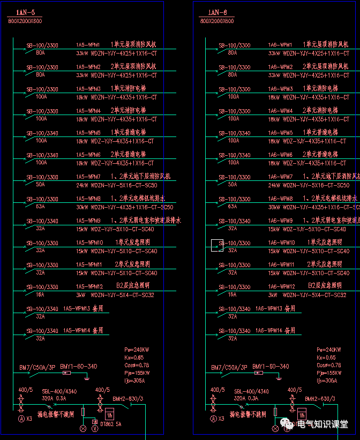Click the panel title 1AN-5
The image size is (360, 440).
point(25,12)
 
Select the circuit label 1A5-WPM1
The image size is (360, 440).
point(88,45)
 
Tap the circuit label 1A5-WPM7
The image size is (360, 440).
point(88,177)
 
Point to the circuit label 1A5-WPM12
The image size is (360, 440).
point(89,286)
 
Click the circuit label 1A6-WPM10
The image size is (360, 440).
point(282,242)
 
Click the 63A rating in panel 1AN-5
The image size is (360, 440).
point(40,206)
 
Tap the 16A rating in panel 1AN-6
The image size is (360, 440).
point(232,294)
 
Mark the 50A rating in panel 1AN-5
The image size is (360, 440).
point(40,184)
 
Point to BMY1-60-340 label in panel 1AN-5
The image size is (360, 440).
point(79,367)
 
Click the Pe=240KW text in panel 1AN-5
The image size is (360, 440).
point(135,350)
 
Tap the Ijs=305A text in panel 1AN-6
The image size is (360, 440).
point(327,381)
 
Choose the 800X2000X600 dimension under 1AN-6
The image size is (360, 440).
point(217,21)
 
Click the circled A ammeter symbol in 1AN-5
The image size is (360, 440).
point(21,418)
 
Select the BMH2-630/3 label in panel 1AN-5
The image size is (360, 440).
point(127,399)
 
